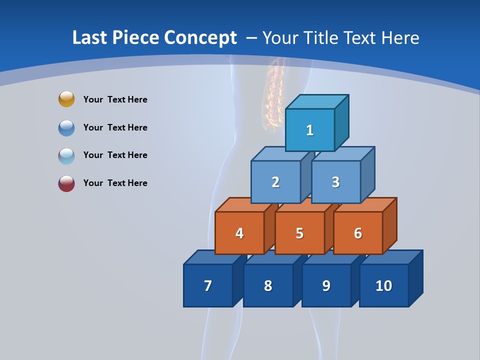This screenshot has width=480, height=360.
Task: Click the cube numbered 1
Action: (310, 130)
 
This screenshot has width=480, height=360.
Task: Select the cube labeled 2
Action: (275, 182)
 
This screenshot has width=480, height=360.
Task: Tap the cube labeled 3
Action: (335, 182)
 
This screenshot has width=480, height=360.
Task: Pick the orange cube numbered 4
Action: (239, 233)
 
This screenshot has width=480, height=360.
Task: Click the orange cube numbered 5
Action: (299, 233)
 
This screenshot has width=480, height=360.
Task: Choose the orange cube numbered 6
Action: (358, 233)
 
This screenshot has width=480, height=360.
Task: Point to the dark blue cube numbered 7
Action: (208, 285)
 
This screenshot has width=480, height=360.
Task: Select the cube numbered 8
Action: (268, 285)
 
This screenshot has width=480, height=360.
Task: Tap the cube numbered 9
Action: (326, 285)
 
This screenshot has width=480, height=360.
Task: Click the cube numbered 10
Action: (384, 285)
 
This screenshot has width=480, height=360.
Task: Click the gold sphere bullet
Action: (66, 99)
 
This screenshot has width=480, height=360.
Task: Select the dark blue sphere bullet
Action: (66, 128)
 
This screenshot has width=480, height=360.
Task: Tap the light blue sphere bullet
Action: (66, 156)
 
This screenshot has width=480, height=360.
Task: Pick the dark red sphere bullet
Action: (66, 183)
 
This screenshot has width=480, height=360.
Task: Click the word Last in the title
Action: (90, 38)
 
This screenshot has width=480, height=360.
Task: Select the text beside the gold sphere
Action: (115, 99)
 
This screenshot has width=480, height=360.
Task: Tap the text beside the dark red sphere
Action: (115, 183)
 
